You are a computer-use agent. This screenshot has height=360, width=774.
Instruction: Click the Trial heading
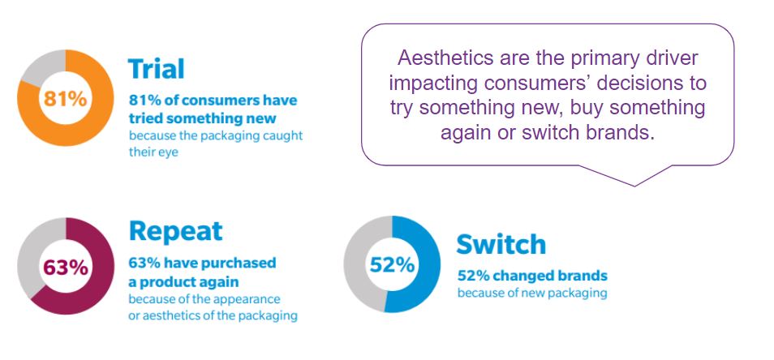(156, 69)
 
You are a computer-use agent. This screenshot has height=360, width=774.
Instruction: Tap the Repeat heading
(176, 231)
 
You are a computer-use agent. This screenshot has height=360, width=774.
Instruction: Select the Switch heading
(501, 244)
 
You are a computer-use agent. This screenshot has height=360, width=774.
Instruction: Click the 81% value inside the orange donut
(65, 99)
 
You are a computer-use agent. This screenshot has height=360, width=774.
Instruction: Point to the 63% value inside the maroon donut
(66, 268)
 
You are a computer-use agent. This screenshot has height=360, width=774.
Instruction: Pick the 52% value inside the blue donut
(392, 265)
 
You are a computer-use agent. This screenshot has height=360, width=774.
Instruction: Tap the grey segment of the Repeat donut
(31, 256)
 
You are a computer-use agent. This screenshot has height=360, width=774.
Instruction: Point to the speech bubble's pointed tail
(634, 184)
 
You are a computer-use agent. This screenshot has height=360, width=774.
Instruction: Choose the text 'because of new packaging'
(532, 293)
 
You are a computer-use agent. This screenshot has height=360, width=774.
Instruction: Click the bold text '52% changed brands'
(532, 275)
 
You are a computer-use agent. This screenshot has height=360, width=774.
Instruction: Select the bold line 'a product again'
(183, 282)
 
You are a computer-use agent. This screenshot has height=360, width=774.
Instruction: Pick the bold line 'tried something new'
(202, 119)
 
